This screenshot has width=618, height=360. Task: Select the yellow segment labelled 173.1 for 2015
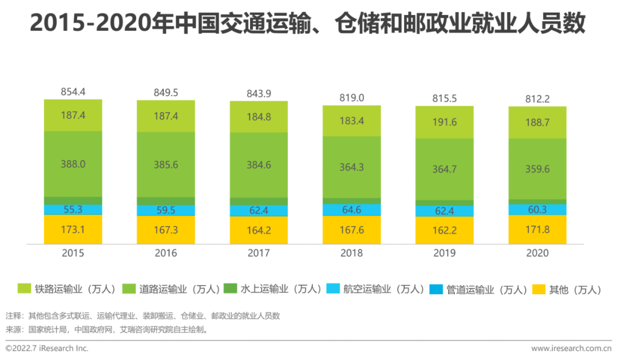pos(73,229)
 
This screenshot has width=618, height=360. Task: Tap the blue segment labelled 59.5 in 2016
pos(165,210)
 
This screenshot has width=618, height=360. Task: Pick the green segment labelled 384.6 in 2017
pos(259,164)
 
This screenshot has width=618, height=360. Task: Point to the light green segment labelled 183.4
pos(351,121)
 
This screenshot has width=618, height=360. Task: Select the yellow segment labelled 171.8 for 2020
pos(537,229)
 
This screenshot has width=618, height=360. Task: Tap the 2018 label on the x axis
pos(351,253)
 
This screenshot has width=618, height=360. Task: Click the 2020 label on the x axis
pos(537,253)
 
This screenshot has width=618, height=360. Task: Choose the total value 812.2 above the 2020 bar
pos(537,99)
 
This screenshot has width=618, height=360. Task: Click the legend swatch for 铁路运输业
pos(24,289)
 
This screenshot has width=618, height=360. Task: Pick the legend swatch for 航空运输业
pos(333,289)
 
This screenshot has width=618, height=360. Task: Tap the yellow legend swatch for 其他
pos(539,289)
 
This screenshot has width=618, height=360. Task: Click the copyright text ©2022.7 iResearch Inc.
pos(47,348)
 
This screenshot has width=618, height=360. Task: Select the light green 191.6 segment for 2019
pos(445,122)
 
